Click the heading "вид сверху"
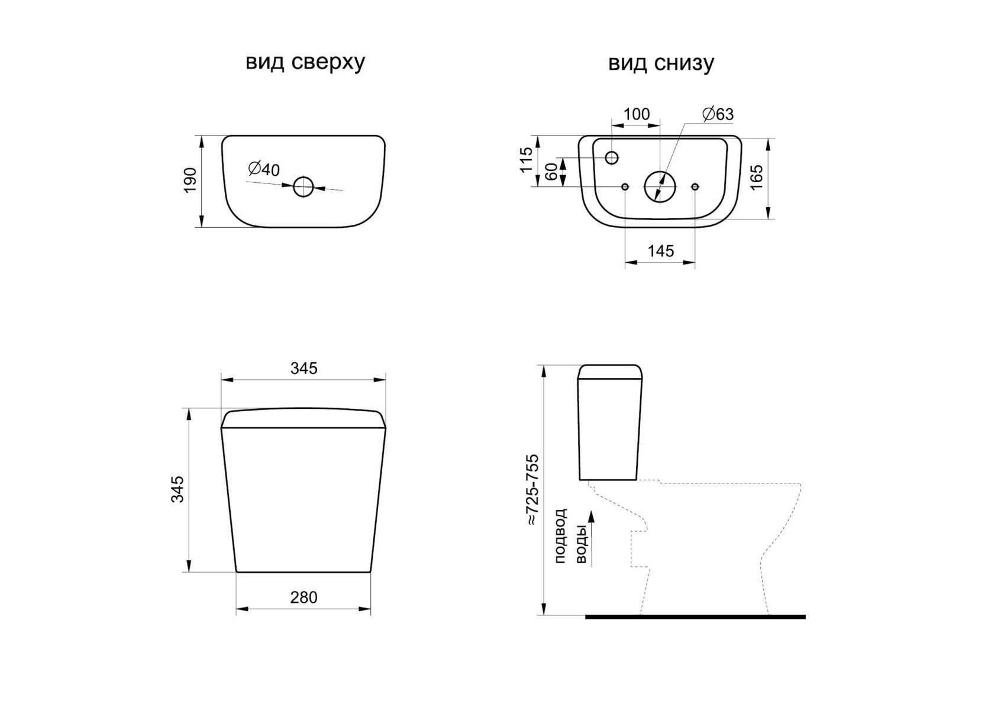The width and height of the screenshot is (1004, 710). [305, 63]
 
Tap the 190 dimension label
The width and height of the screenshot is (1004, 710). [191, 180]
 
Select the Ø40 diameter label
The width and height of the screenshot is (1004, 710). [263, 169]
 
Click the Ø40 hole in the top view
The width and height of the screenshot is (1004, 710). [304, 187]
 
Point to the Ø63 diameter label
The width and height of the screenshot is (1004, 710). [718, 114]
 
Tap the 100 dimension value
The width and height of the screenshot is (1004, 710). [637, 114]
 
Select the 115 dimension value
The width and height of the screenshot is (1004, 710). [526, 160]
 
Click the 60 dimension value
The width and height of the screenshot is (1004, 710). [552, 172]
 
